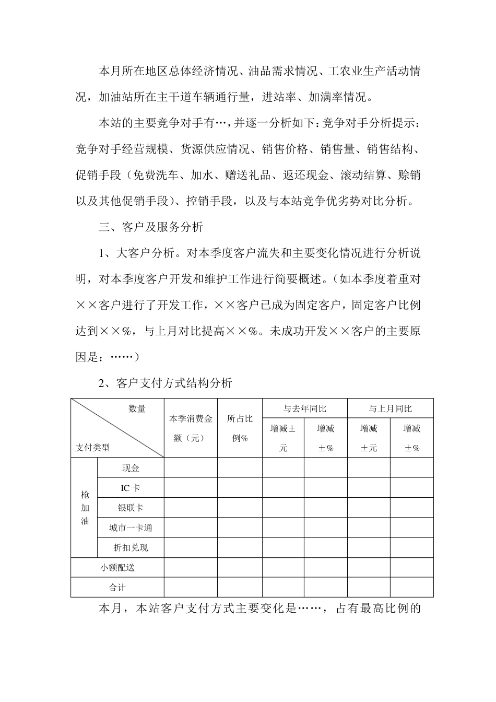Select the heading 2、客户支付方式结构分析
tap(166, 383)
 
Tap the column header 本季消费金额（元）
tap(191, 428)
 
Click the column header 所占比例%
tap(240, 428)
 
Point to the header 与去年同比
tap(304, 408)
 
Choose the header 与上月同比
tap(390, 408)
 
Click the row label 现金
tap(131, 468)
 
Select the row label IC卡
tap(131, 488)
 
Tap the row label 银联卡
tap(131, 508)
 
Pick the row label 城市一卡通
tap(131, 528)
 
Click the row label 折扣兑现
tap(131, 547)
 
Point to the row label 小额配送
tap(117, 567)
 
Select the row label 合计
tap(117, 587)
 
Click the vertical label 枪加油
tap(85, 508)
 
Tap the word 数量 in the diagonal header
tap(137, 408)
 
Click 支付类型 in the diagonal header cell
tap(93, 448)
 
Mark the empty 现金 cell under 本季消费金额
tap(191, 468)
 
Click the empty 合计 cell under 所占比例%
tap(240, 587)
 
